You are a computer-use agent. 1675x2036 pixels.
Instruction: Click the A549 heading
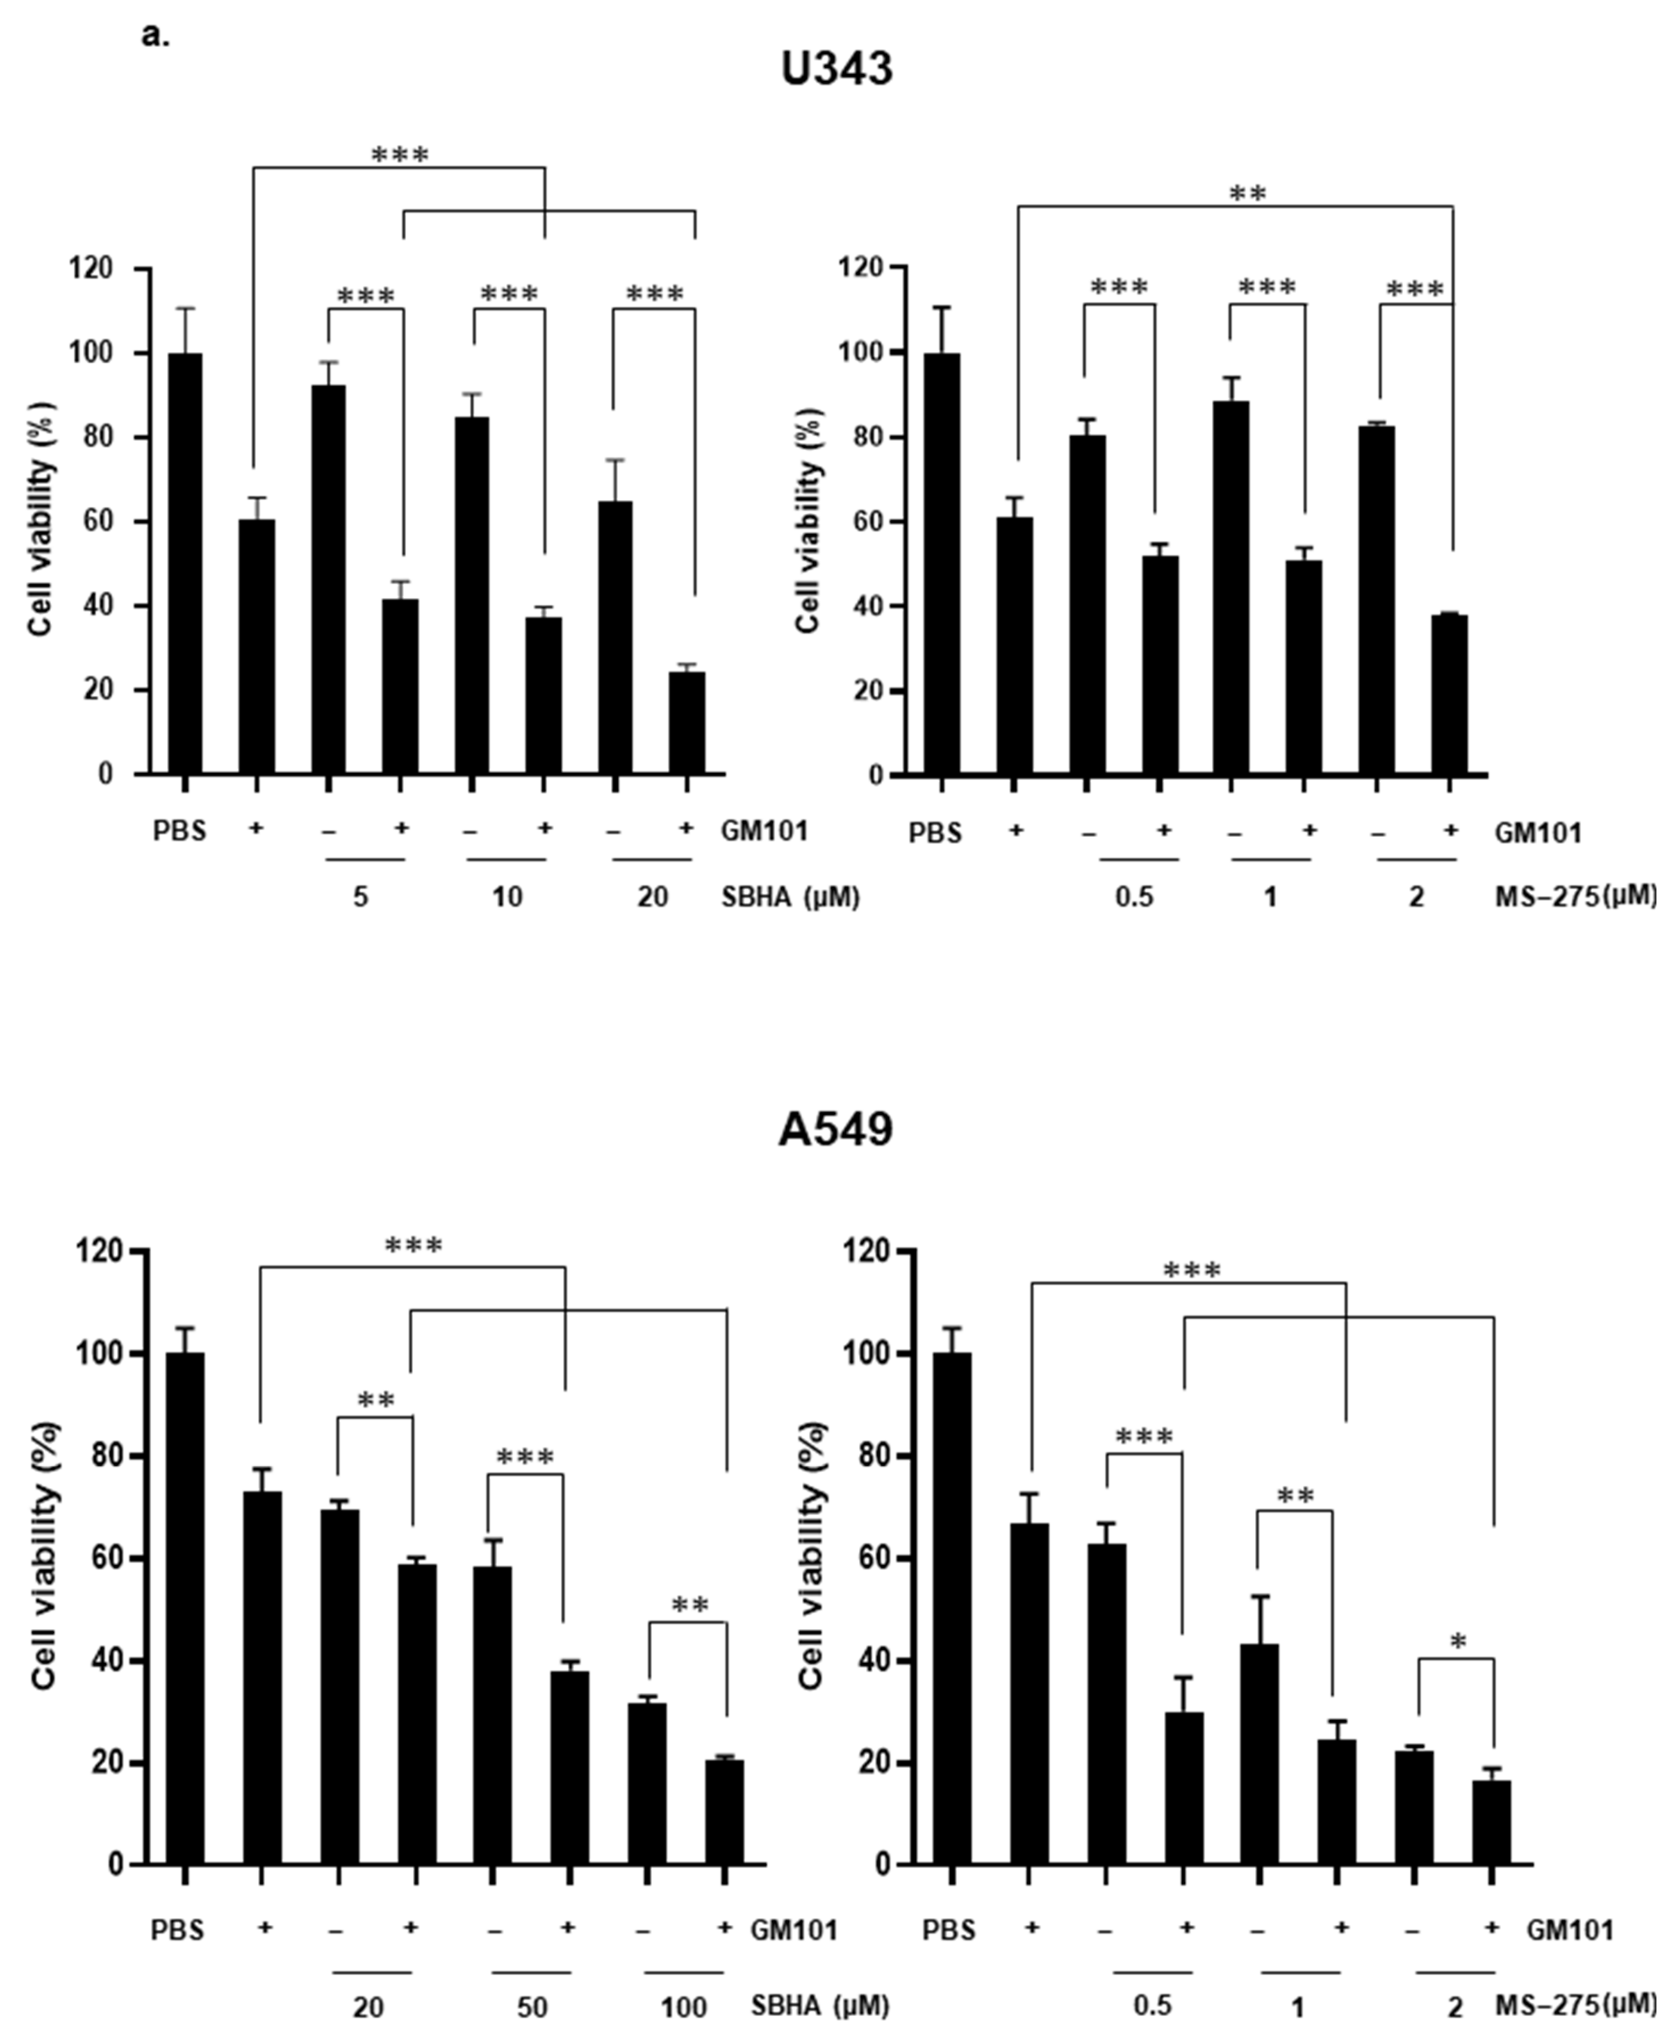click(x=836, y=1129)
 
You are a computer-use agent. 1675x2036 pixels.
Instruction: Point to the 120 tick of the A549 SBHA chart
click(x=104, y=1252)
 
